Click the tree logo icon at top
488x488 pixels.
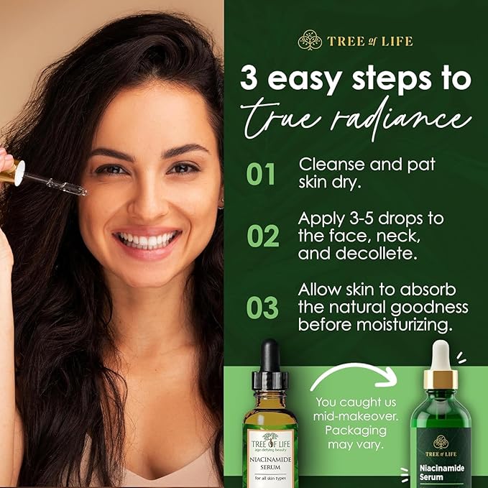(310, 40)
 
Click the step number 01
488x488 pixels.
(262, 173)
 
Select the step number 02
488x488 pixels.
(262, 236)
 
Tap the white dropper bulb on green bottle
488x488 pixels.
(441, 356)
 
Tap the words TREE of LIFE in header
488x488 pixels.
(370, 41)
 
